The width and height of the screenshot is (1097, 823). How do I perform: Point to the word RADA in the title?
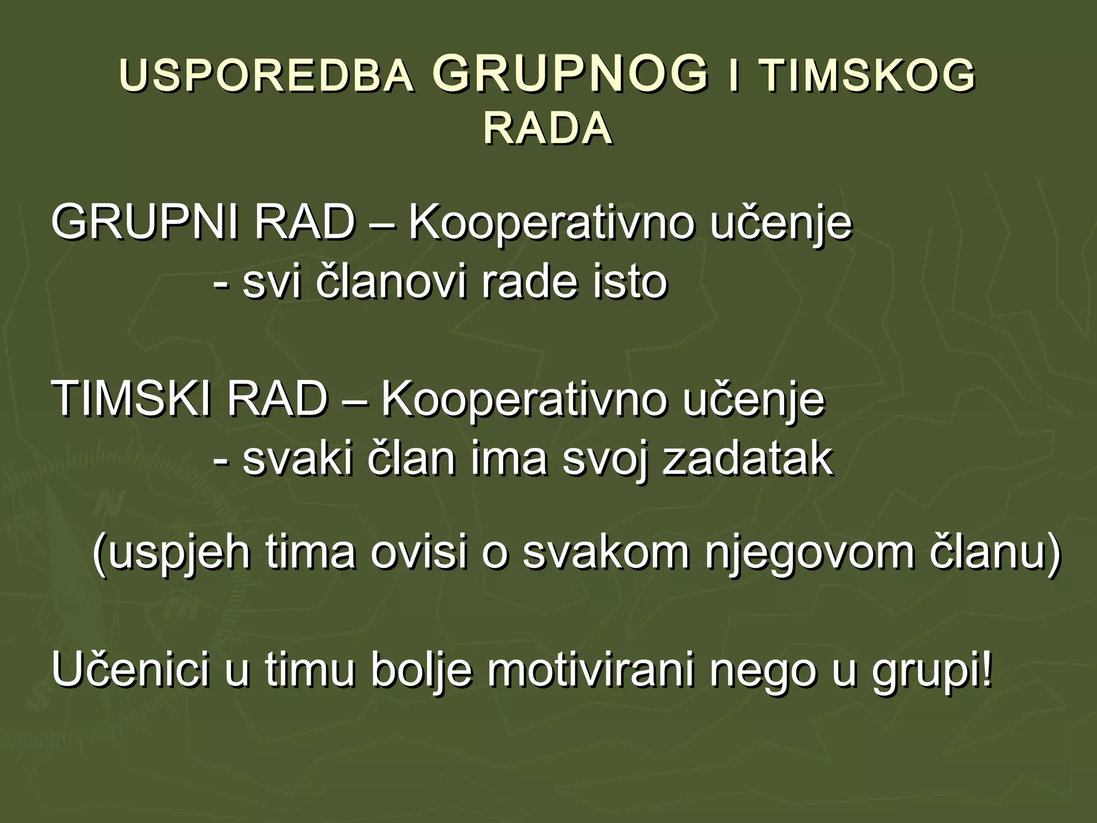pos(547,129)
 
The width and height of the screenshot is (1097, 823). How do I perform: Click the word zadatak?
pos(748,459)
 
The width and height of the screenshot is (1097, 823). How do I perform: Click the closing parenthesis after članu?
pos(1052,554)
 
